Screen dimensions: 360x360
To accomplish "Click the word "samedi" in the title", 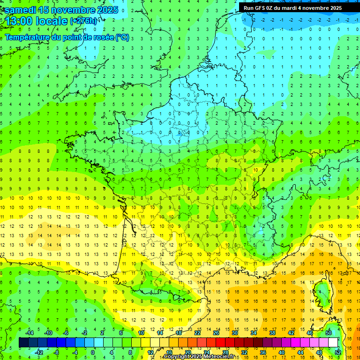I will point(20,10).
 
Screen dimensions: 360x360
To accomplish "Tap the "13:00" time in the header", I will point(17,21).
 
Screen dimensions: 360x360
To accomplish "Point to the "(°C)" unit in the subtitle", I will point(122,37).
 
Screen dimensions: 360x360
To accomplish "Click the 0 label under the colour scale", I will point(92,352).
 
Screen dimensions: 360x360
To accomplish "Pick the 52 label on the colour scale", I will point(338,352).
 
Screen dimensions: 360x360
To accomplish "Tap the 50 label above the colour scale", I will point(329,333).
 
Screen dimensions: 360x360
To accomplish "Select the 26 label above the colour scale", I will point(216,333).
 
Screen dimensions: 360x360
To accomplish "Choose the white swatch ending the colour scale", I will point(333,343).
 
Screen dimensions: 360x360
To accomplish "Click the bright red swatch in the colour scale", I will point(220,343).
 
